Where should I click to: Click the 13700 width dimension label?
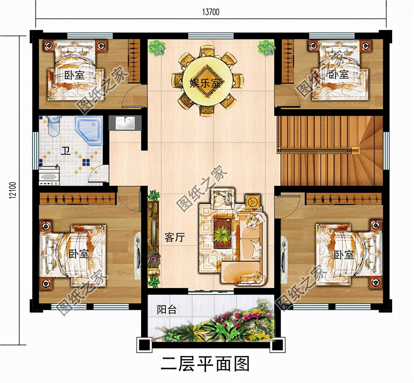click(x=211, y=12)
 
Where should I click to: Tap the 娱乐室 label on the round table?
click(x=205, y=83)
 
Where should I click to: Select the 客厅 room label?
click(x=175, y=237)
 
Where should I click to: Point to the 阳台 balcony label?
click(x=167, y=310)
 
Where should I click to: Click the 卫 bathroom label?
click(x=66, y=150)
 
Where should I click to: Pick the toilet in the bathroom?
click(x=53, y=126)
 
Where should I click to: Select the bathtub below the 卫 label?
click(x=49, y=176)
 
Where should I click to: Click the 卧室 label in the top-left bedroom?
click(x=75, y=75)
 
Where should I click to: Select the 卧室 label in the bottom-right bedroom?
click(x=344, y=254)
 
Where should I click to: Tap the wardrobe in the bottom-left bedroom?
click(x=77, y=199)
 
